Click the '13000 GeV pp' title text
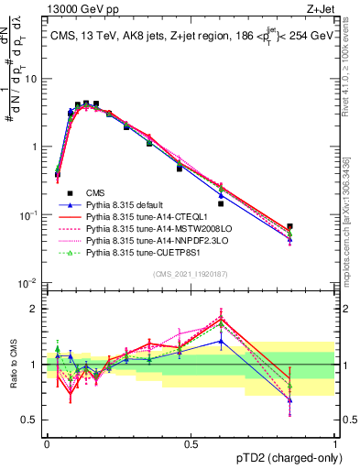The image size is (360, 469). [79, 8]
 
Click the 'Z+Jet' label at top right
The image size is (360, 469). [320, 8]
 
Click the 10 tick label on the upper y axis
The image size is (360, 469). [32, 78]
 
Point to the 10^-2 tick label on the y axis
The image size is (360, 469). [29, 283]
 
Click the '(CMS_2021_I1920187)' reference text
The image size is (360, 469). [190, 274]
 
